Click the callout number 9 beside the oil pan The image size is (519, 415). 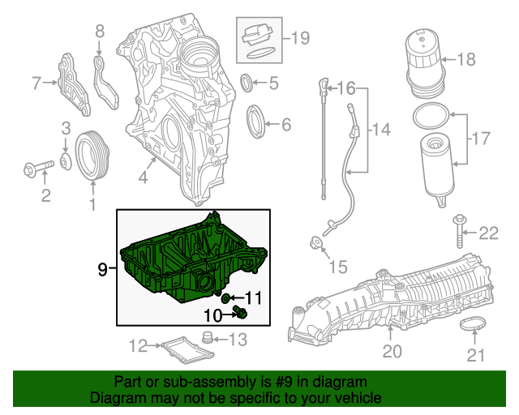click(x=103, y=269)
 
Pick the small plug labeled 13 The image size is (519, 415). click(x=207, y=337)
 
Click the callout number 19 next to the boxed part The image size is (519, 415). click(x=300, y=36)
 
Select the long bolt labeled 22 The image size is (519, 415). click(x=460, y=233)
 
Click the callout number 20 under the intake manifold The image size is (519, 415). click(x=392, y=351)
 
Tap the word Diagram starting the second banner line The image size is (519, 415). click(x=117, y=398)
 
